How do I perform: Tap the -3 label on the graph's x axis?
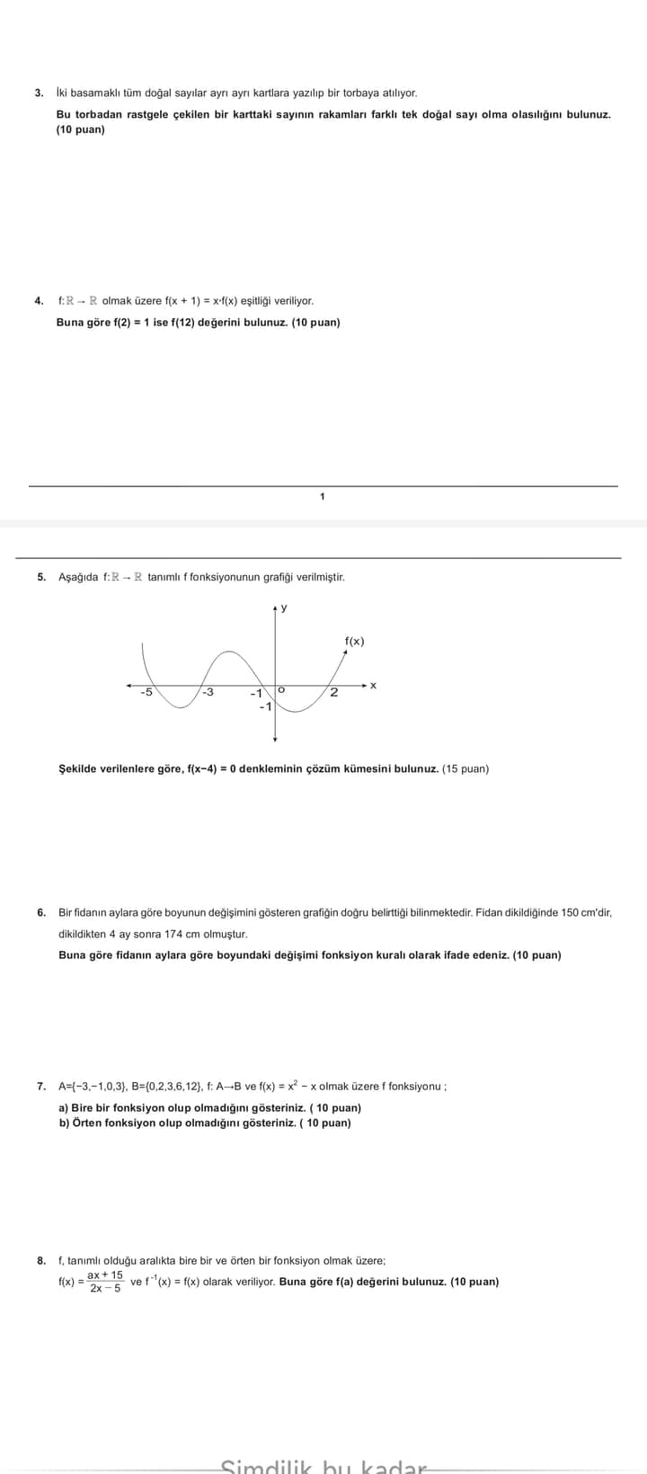click(208, 692)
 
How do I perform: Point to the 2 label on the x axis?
click(333, 692)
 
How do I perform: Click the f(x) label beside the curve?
click(355, 641)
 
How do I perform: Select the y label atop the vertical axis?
click(284, 608)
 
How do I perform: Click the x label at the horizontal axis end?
click(373, 686)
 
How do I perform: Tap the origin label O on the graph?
click(281, 689)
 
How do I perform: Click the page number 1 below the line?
click(323, 496)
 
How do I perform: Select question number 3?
click(39, 93)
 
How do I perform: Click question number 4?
click(39, 301)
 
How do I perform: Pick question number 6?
click(41, 912)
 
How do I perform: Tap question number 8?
click(41, 1261)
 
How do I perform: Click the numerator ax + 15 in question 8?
click(105, 1275)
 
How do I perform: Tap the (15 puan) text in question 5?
click(465, 769)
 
